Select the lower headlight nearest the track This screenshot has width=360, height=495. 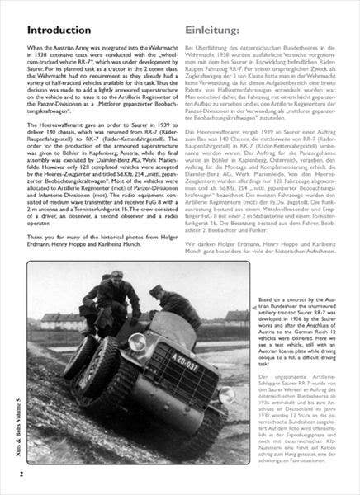(x=224, y=396)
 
